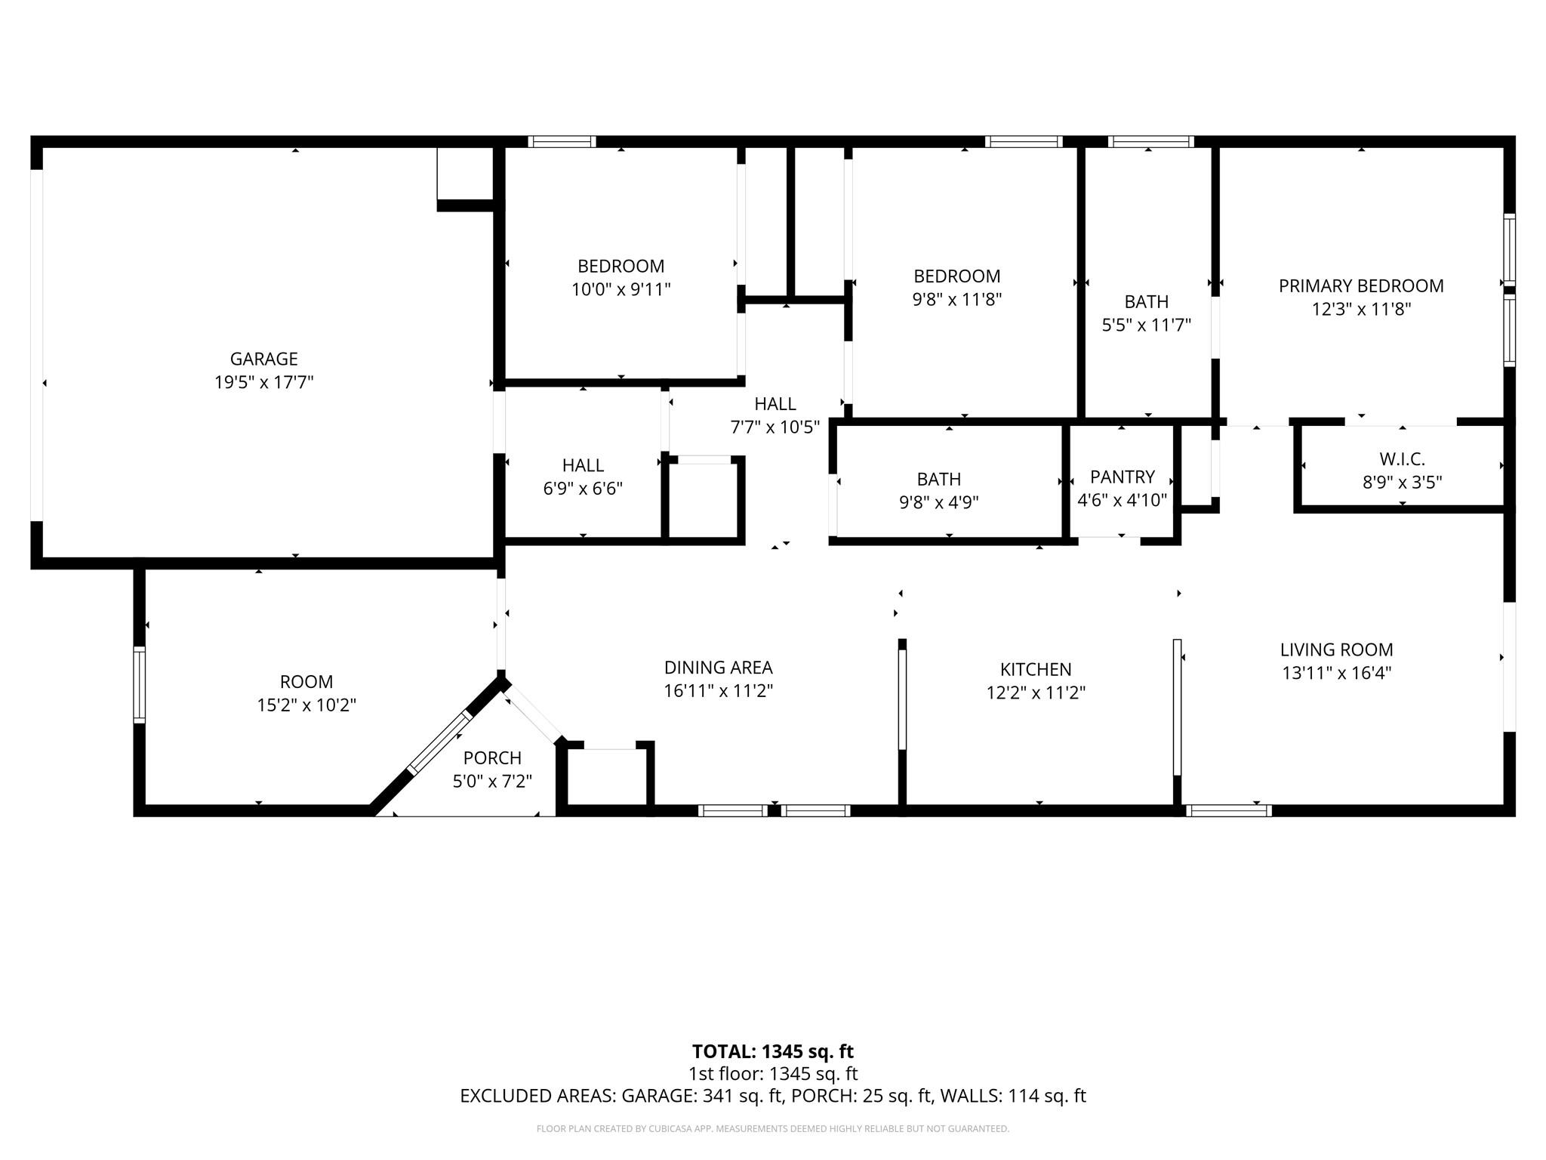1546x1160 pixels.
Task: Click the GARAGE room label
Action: click(263, 359)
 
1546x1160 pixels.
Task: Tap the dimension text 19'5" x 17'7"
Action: click(263, 382)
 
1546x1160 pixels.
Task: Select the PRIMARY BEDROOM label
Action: click(1360, 285)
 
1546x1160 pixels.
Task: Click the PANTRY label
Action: click(1122, 477)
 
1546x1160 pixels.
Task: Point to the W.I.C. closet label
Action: click(1402, 458)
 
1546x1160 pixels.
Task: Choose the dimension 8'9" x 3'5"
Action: click(1402, 482)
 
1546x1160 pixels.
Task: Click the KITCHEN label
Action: click(1035, 669)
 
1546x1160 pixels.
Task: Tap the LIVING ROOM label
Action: click(1336, 649)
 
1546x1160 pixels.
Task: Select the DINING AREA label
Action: click(718, 668)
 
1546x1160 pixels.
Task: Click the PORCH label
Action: click(492, 757)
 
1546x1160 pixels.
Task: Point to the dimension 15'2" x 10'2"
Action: click(306, 705)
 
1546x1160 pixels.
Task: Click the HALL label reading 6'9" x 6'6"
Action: click(583, 465)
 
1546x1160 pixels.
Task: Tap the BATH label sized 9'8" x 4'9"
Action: click(938, 479)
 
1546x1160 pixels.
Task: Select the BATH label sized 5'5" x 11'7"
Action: click(1146, 301)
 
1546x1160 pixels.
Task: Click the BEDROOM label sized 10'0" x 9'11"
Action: click(621, 266)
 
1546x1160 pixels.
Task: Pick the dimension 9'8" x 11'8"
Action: click(956, 300)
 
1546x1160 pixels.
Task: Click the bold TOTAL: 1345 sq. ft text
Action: click(772, 1051)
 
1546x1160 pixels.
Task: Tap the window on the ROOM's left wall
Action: click(139, 684)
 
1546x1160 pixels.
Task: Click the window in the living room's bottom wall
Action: click(1228, 810)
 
